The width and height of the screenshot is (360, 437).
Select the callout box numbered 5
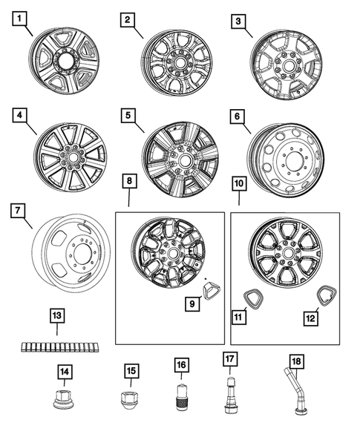(129, 116)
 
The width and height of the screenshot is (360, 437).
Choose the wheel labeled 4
(71, 158)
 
